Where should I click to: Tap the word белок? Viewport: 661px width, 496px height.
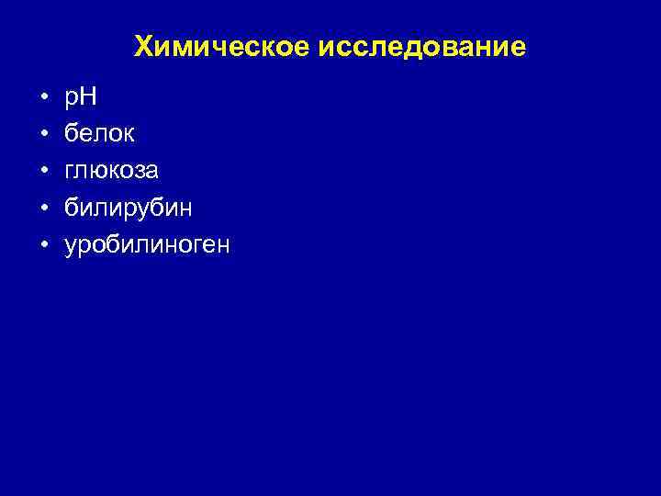pyautogui.click(x=99, y=134)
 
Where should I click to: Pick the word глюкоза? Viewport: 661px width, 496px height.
pyautogui.click(x=111, y=171)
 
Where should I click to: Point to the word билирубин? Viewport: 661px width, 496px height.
pyautogui.click(x=128, y=209)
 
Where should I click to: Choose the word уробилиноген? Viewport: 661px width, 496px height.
pyautogui.click(x=148, y=246)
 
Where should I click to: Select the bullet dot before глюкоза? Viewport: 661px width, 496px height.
pyautogui.click(x=43, y=172)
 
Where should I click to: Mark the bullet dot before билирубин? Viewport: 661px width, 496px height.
pyautogui.click(x=43, y=209)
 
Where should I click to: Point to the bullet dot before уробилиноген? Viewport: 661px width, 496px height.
pyautogui.click(x=43, y=246)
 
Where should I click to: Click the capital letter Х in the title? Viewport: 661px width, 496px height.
pyautogui.click(x=143, y=47)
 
